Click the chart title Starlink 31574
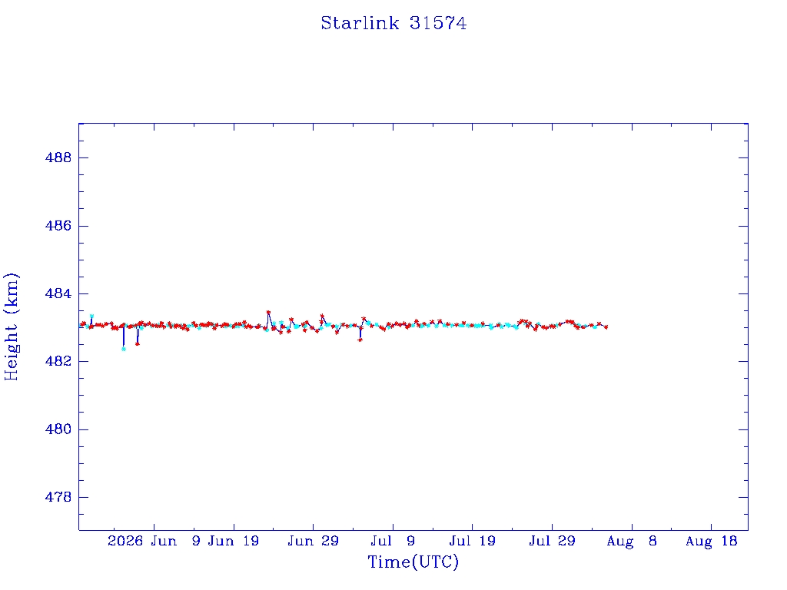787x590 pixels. click(393, 23)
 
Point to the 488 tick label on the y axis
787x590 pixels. click(58, 157)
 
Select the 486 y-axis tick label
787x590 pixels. click(58, 226)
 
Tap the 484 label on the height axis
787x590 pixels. click(58, 293)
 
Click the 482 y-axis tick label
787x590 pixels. click(58, 361)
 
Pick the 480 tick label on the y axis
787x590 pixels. click(58, 429)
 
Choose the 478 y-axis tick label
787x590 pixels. click(58, 497)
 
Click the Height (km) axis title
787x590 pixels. click(11, 326)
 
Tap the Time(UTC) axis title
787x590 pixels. click(413, 562)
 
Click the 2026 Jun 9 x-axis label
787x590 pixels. click(154, 541)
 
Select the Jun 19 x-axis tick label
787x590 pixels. click(234, 541)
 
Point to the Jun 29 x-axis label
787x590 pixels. click(314, 541)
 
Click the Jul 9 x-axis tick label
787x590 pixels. click(393, 541)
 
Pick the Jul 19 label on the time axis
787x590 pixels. click(473, 541)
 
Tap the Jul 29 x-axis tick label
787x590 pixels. click(552, 541)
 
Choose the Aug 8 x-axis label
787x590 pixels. click(632, 541)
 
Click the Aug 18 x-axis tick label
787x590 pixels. click(711, 541)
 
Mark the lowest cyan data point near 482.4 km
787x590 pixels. click(124, 349)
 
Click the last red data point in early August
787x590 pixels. click(606, 327)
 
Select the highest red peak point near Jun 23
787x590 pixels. click(268, 312)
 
